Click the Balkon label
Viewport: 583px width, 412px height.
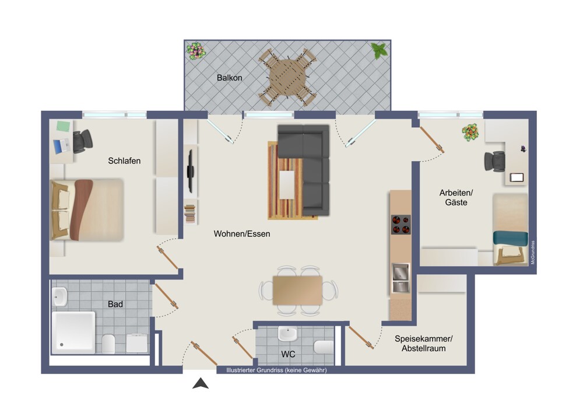(x=229, y=78)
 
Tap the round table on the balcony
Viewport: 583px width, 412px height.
(x=287, y=78)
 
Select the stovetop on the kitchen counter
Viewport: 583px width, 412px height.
(x=401, y=225)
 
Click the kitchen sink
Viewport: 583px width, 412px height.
(x=401, y=278)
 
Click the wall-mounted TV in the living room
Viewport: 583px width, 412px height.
(x=191, y=171)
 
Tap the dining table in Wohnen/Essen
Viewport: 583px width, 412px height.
(x=298, y=290)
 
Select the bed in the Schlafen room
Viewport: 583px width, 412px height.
(x=87, y=210)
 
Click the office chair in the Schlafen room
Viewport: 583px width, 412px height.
(x=83, y=141)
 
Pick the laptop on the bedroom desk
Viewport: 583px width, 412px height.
(x=62, y=146)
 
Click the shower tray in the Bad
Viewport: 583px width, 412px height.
(x=73, y=333)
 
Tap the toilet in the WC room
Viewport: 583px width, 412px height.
(x=324, y=347)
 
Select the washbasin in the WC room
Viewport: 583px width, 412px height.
(x=287, y=334)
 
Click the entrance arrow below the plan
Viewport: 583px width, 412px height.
(x=201, y=383)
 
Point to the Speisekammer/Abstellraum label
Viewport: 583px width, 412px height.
(x=423, y=344)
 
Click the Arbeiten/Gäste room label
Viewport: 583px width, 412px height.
(x=456, y=198)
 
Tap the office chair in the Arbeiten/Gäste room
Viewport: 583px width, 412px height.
(x=494, y=162)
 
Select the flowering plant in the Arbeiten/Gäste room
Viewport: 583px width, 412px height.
(x=470, y=132)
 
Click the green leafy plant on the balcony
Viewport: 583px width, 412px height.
(x=379, y=51)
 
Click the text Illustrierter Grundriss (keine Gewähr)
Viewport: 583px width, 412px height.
(x=276, y=371)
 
